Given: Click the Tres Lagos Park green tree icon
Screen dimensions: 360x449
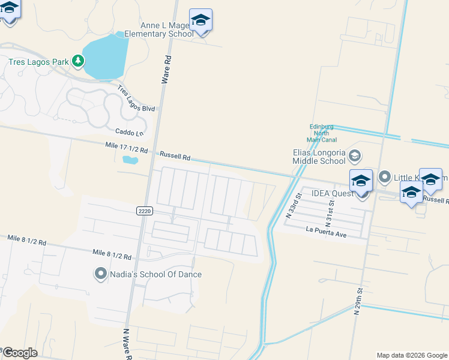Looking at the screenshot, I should [77, 61].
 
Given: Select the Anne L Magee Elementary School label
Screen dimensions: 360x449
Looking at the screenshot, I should [159, 29].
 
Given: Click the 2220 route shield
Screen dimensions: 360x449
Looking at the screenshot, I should [144, 211].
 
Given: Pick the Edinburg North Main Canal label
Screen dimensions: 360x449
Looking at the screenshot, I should [322, 133].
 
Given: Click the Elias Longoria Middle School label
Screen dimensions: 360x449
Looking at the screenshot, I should [319, 157].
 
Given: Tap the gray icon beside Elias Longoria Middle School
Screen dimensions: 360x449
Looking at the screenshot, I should [355, 156].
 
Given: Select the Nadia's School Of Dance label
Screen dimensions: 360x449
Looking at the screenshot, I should [155, 274].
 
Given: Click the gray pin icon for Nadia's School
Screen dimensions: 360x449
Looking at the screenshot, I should [100, 274].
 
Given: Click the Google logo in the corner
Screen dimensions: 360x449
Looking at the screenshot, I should [20, 352].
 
